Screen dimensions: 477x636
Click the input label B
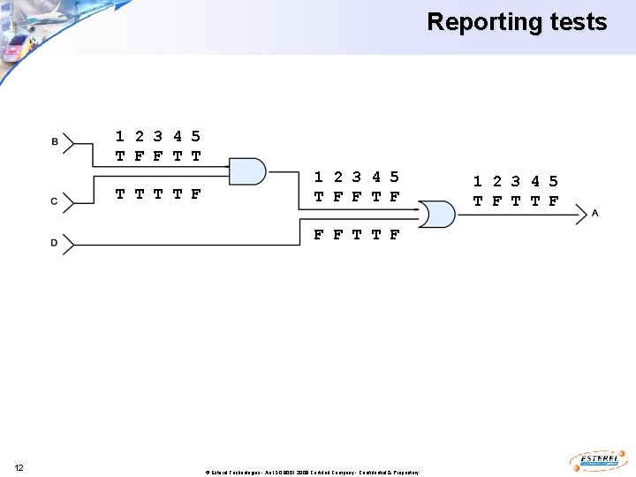click(x=55, y=141)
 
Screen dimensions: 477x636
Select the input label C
click(x=55, y=201)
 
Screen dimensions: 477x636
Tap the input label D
click(x=55, y=243)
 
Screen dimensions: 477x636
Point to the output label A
click(x=595, y=213)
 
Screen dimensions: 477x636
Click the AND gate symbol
click(x=247, y=171)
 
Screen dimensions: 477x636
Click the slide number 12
click(x=19, y=466)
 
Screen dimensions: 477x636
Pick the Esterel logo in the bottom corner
click(x=600, y=461)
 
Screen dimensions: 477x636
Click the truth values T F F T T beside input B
click(x=158, y=155)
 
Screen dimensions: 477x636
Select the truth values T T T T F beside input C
click(x=158, y=193)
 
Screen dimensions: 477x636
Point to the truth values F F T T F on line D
click(x=357, y=235)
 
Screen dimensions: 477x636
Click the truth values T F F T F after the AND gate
click(x=357, y=197)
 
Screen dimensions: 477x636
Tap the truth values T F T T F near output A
click(x=516, y=201)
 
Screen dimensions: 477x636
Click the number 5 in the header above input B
click(x=196, y=136)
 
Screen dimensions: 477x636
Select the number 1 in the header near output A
click(x=477, y=181)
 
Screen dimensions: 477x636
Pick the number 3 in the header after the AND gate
click(x=356, y=178)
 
